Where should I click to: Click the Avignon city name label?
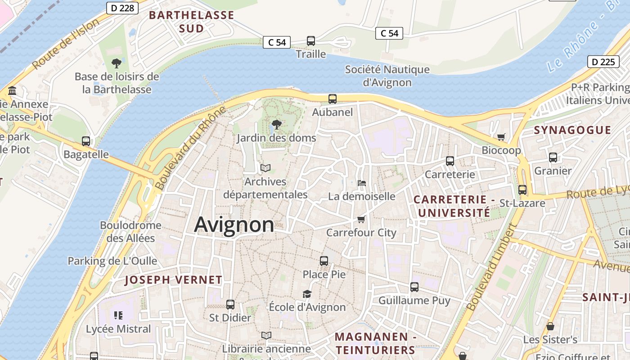tap(234, 225)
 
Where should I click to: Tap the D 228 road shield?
tap(122, 8)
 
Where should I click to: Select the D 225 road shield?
tap(603, 62)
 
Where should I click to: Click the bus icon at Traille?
tap(310, 41)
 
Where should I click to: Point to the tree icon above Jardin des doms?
tap(277, 124)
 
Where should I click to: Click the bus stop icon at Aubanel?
tap(333, 99)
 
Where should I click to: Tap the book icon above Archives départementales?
tap(265, 168)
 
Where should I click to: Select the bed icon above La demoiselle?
tap(361, 183)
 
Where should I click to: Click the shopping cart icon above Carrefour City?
tap(361, 219)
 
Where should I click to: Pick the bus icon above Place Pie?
tap(324, 261)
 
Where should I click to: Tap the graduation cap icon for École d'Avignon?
tap(307, 294)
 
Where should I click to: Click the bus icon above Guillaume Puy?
tap(414, 287)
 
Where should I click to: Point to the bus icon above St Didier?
tap(230, 304)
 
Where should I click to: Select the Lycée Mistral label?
tap(118, 329)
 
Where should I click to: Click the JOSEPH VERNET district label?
tap(173, 280)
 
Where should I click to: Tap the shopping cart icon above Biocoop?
tap(501, 137)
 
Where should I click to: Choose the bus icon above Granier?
tap(553, 157)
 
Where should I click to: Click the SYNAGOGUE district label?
tap(572, 130)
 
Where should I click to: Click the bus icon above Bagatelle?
tap(86, 141)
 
